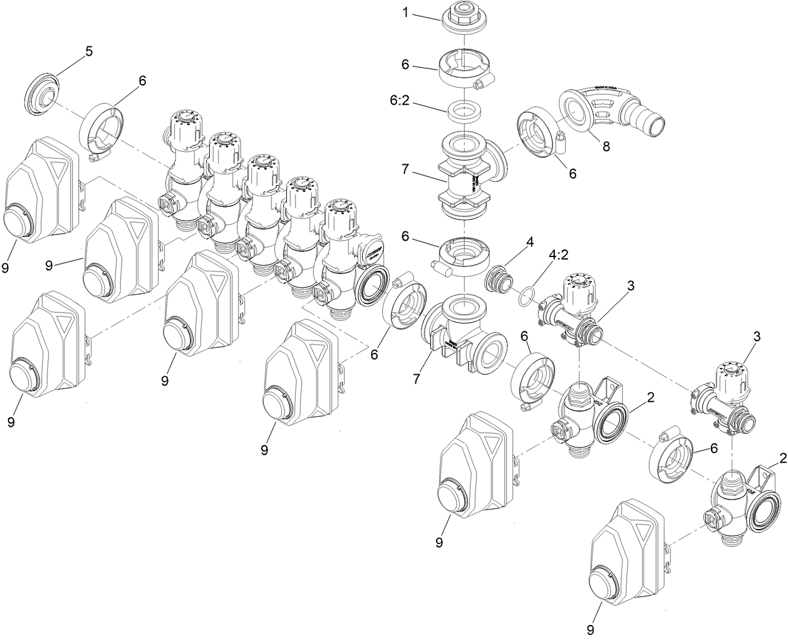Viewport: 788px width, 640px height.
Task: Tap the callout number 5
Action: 89,51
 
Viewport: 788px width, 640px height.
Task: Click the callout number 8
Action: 605,147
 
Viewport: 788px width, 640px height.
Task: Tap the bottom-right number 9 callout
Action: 589,627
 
